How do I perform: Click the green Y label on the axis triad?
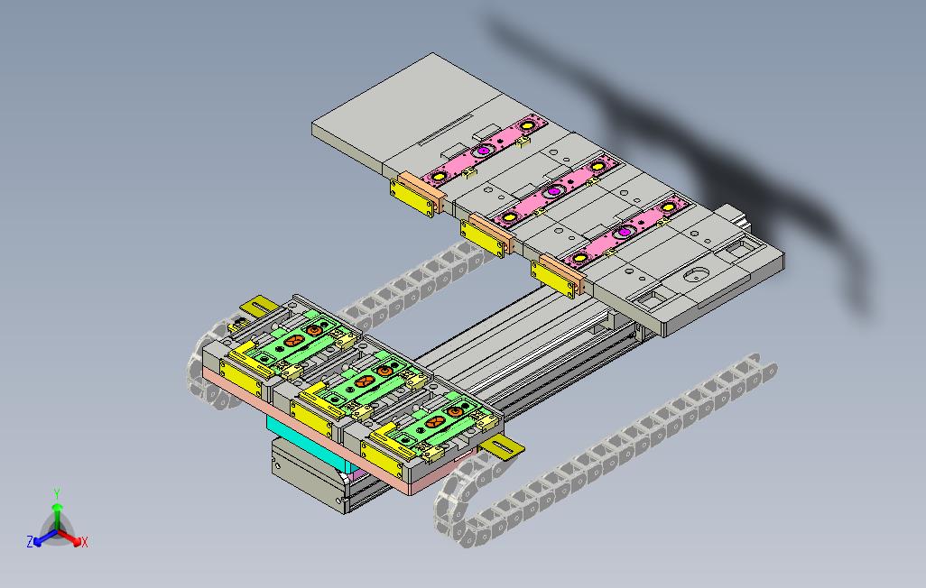pyautogui.click(x=57, y=493)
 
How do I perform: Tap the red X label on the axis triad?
pyautogui.click(x=85, y=542)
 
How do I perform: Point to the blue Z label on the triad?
pyautogui.click(x=30, y=541)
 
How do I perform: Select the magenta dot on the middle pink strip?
pyautogui.click(x=553, y=190)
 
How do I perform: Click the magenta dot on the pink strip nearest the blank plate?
pyautogui.click(x=484, y=151)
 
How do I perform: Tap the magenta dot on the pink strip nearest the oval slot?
pyautogui.click(x=624, y=232)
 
